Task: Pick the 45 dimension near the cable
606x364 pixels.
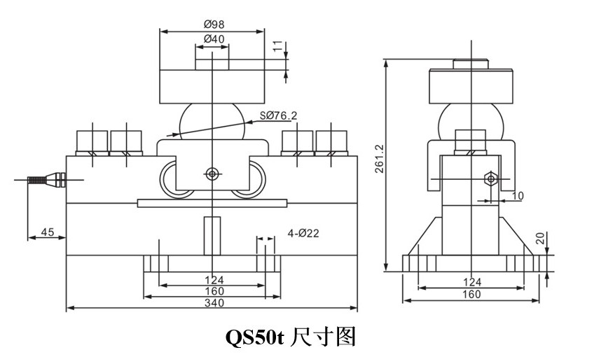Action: tap(47, 232)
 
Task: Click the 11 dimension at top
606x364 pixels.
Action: tap(277, 47)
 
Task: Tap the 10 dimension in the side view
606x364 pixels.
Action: tap(517, 197)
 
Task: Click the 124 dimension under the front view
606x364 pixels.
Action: tap(214, 281)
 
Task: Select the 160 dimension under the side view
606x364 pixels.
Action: tap(472, 294)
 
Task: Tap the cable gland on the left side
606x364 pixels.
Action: tap(46, 179)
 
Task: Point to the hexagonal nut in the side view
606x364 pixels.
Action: tap(490, 178)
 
